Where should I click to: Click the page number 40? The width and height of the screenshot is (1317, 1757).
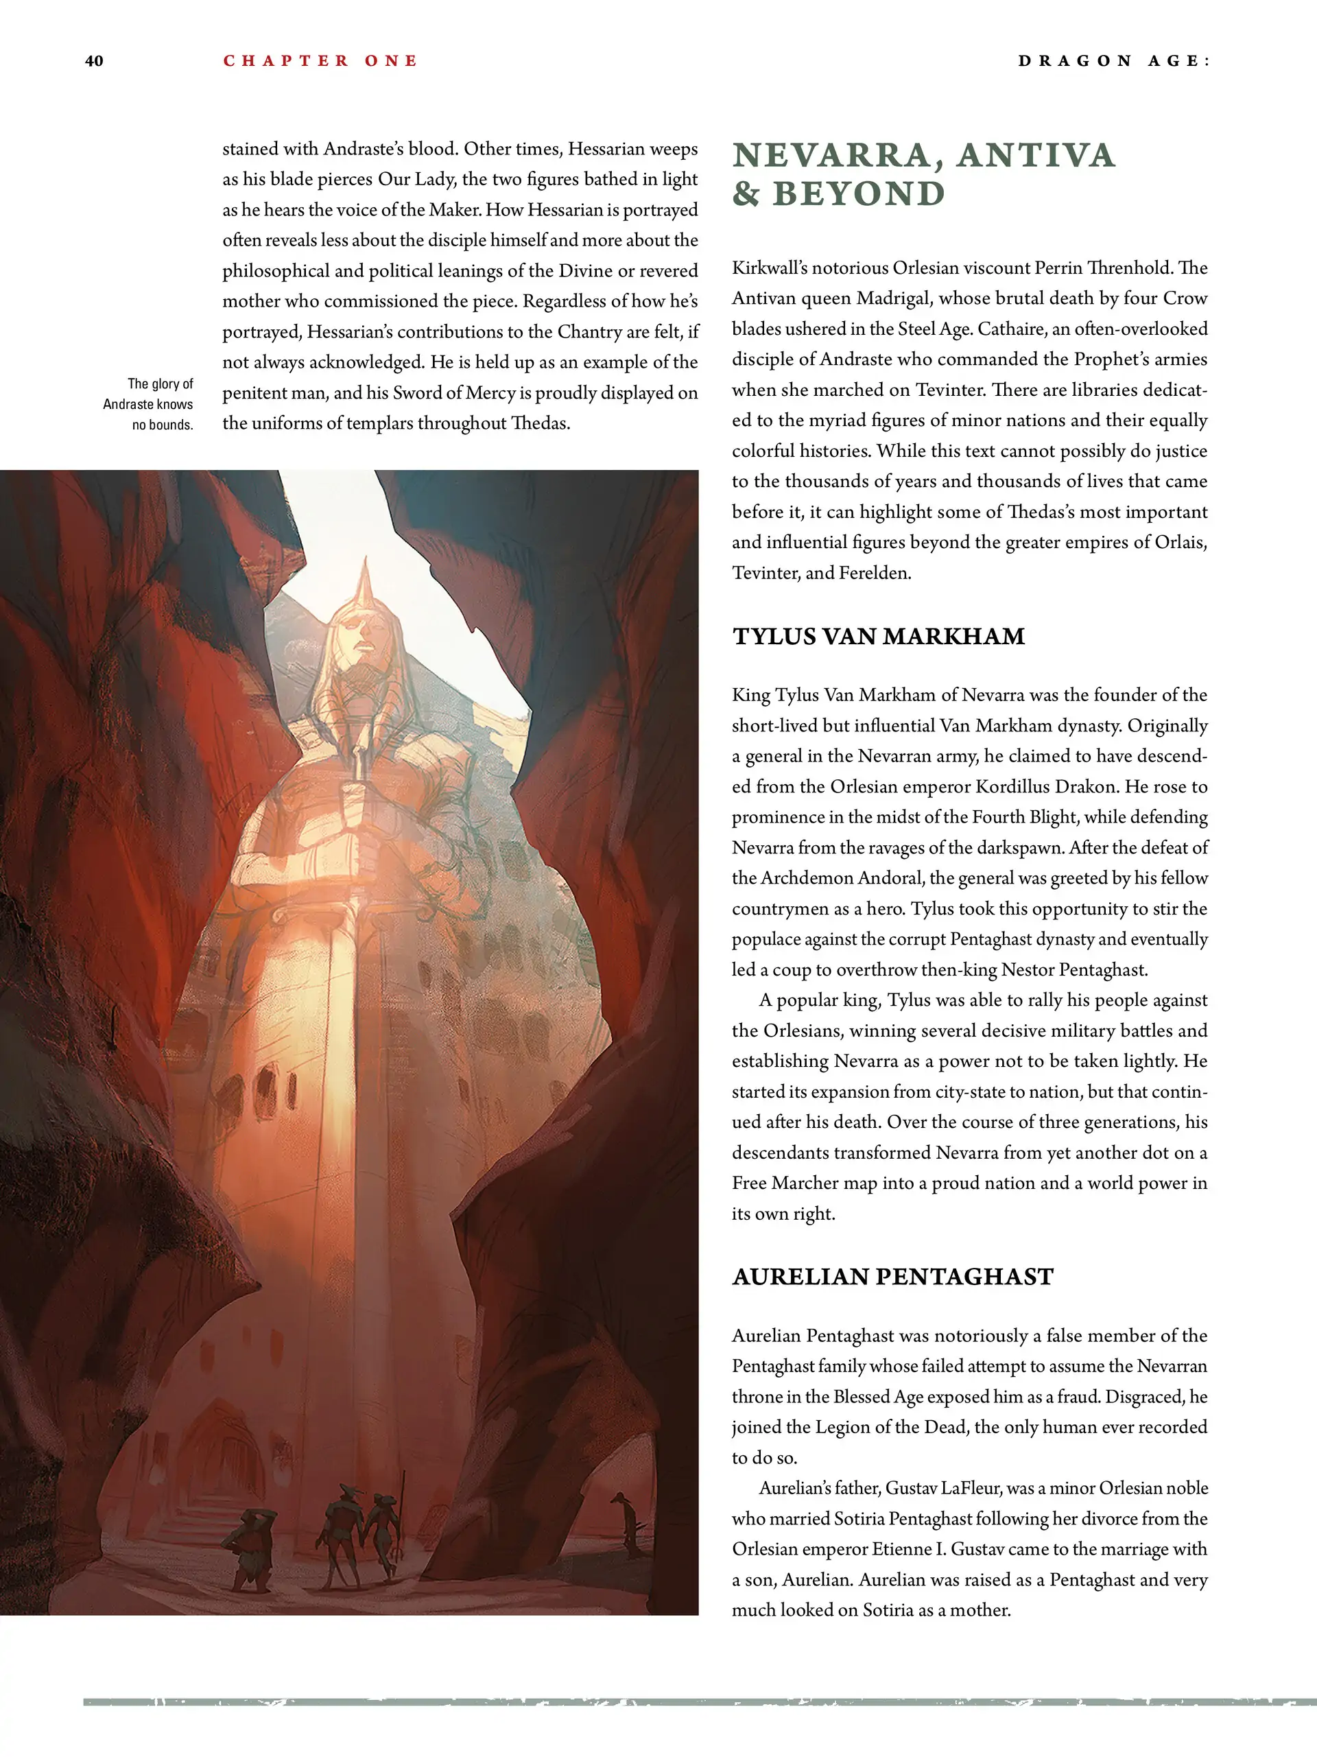94,61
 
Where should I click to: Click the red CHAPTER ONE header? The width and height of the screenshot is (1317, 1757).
320,61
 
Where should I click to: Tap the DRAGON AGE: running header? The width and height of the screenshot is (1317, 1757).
1114,61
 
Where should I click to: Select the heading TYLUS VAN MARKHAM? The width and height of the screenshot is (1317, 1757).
879,636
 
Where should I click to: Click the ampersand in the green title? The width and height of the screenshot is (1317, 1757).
746,193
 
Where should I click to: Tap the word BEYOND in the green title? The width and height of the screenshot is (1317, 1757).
859,193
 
